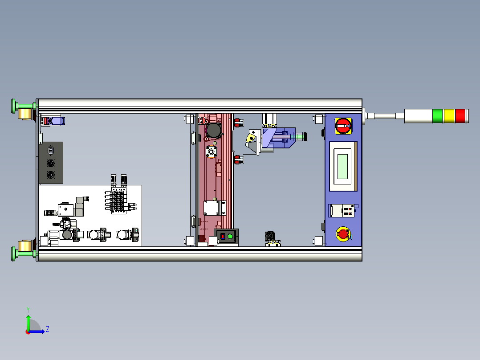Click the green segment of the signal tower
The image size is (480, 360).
click(x=437, y=116)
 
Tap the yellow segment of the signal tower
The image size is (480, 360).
click(x=449, y=116)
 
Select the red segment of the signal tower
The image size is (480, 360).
click(x=460, y=116)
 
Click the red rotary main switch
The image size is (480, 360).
click(x=343, y=126)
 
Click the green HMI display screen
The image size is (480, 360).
click(x=342, y=166)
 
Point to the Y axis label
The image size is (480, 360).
click(x=28, y=310)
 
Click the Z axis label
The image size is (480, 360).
click(x=48, y=329)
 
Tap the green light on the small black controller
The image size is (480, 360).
click(x=230, y=237)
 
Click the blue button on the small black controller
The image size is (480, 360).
click(x=223, y=236)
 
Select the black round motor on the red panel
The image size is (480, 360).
click(x=213, y=130)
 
